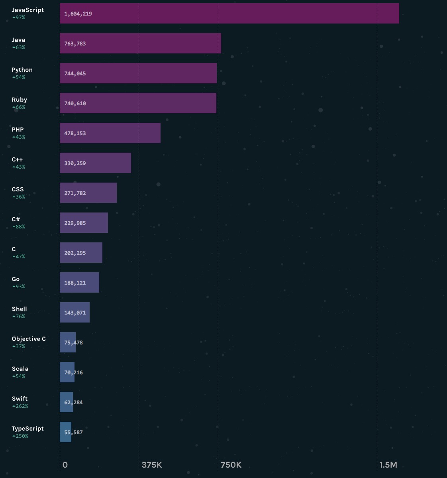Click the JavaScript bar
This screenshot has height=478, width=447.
point(229,14)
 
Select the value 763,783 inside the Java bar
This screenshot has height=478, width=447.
point(75,43)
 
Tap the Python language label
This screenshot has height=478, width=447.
point(22,70)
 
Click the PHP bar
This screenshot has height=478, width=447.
point(110,133)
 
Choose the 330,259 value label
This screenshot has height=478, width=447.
point(75,163)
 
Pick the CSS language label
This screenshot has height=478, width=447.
point(18,189)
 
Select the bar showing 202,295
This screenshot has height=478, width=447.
point(81,253)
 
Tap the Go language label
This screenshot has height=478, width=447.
point(16,279)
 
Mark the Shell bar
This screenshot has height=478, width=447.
point(74,313)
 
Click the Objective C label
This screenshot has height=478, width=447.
point(29,339)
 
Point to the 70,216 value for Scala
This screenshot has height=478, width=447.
point(73,372)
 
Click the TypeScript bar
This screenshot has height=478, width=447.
point(65,432)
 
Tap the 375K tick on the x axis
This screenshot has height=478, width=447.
point(152,465)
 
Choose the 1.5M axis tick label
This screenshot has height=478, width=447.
point(388,465)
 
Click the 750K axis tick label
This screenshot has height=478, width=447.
point(231,465)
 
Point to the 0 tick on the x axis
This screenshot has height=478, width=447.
point(65,465)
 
